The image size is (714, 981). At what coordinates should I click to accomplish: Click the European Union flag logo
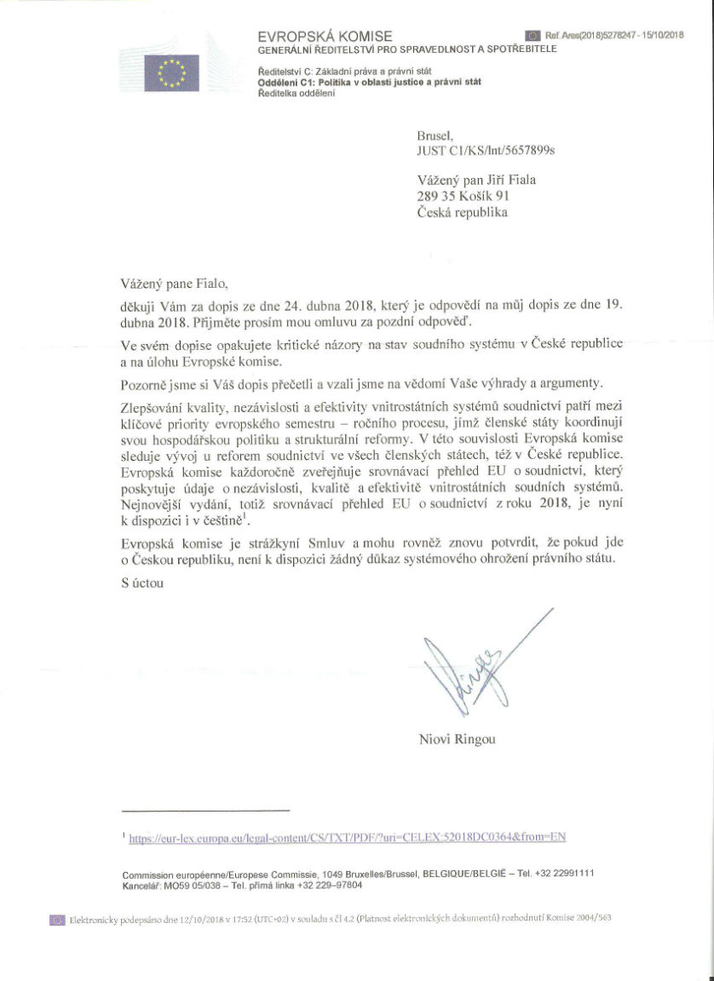[x=171, y=72]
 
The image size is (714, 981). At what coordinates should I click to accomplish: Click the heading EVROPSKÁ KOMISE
[x=325, y=36]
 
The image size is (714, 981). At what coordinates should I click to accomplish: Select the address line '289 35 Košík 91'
[x=464, y=196]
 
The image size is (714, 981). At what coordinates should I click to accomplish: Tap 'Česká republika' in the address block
[x=462, y=212]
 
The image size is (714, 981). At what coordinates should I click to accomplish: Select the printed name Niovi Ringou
[x=457, y=738]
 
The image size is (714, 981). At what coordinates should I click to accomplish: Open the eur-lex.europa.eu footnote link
[x=347, y=837]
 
